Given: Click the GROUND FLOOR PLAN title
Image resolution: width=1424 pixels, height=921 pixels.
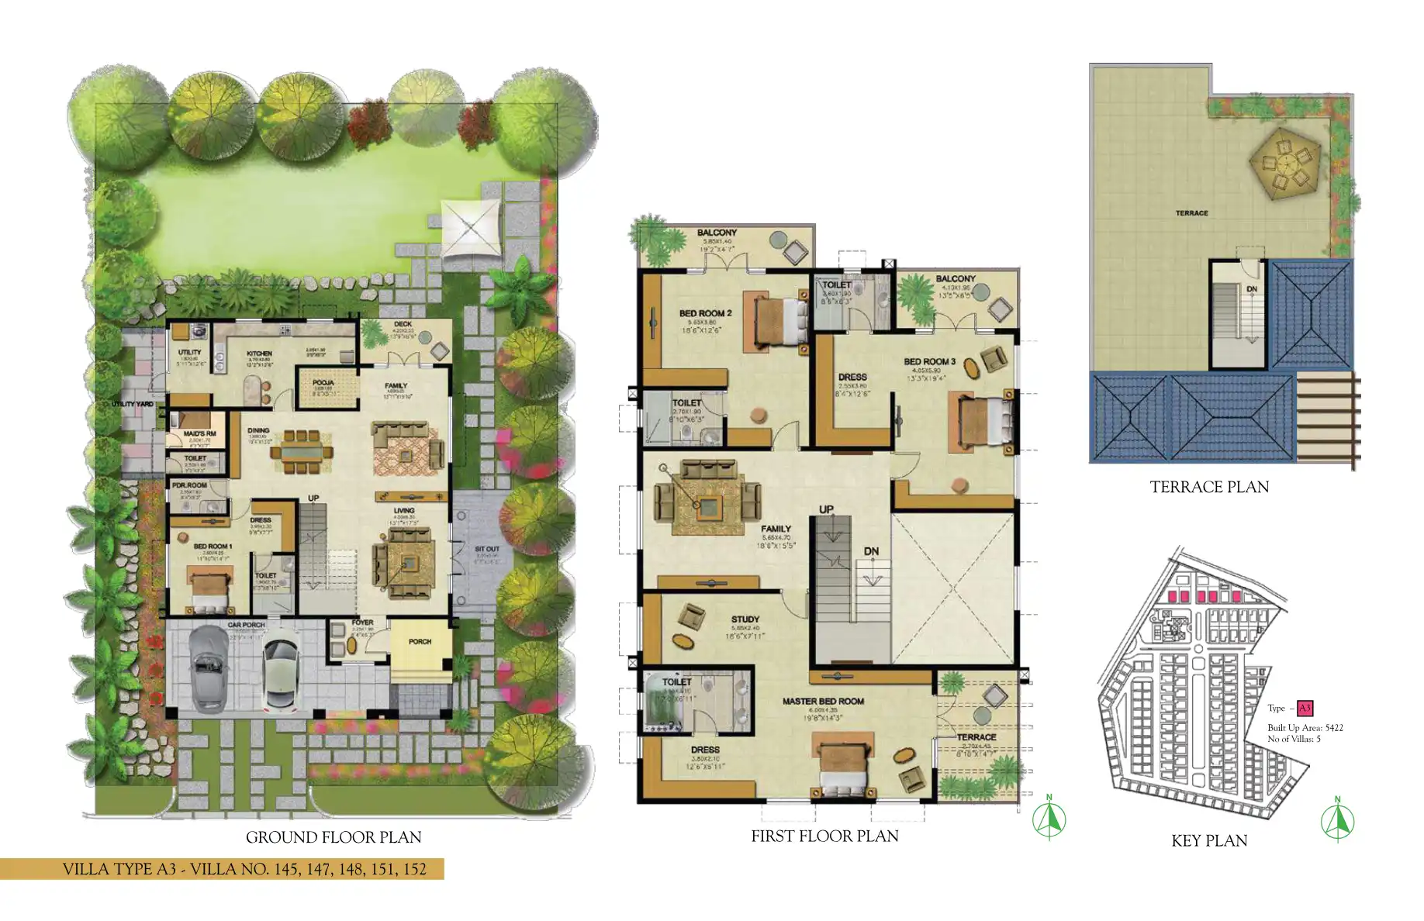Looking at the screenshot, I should pyautogui.click(x=334, y=837).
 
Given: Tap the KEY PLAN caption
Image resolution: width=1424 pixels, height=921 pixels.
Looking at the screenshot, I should pyautogui.click(x=1208, y=840).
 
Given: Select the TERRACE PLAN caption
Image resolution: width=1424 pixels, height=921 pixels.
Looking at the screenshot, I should pyautogui.click(x=1208, y=487).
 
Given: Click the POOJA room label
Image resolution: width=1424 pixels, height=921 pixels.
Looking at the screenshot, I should pyautogui.click(x=323, y=382).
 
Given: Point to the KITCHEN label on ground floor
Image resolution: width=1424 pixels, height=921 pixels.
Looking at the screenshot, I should pyautogui.click(x=260, y=354).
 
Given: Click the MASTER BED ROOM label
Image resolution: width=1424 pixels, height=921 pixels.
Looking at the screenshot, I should pyautogui.click(x=822, y=701).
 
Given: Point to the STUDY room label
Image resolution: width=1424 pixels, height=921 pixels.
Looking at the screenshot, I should pyautogui.click(x=745, y=619).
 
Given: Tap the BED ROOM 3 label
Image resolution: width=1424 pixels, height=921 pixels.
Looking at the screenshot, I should pyautogui.click(x=929, y=361).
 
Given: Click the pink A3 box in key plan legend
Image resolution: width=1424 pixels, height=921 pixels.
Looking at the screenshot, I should pyautogui.click(x=1305, y=708).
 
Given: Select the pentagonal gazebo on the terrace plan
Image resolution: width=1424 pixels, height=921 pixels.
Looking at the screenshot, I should pyautogui.click(x=1284, y=165).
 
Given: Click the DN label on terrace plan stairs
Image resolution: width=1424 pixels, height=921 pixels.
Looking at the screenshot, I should pyautogui.click(x=1251, y=289).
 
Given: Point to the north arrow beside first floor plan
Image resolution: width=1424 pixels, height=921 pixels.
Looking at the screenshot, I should pyautogui.click(x=1049, y=819).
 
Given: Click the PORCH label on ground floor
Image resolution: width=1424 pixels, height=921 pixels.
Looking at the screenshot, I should pyautogui.click(x=420, y=641).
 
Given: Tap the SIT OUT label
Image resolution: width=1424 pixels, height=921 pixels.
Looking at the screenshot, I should pyautogui.click(x=487, y=549).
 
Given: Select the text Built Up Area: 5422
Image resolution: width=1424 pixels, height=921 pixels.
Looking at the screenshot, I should pyautogui.click(x=1305, y=727).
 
